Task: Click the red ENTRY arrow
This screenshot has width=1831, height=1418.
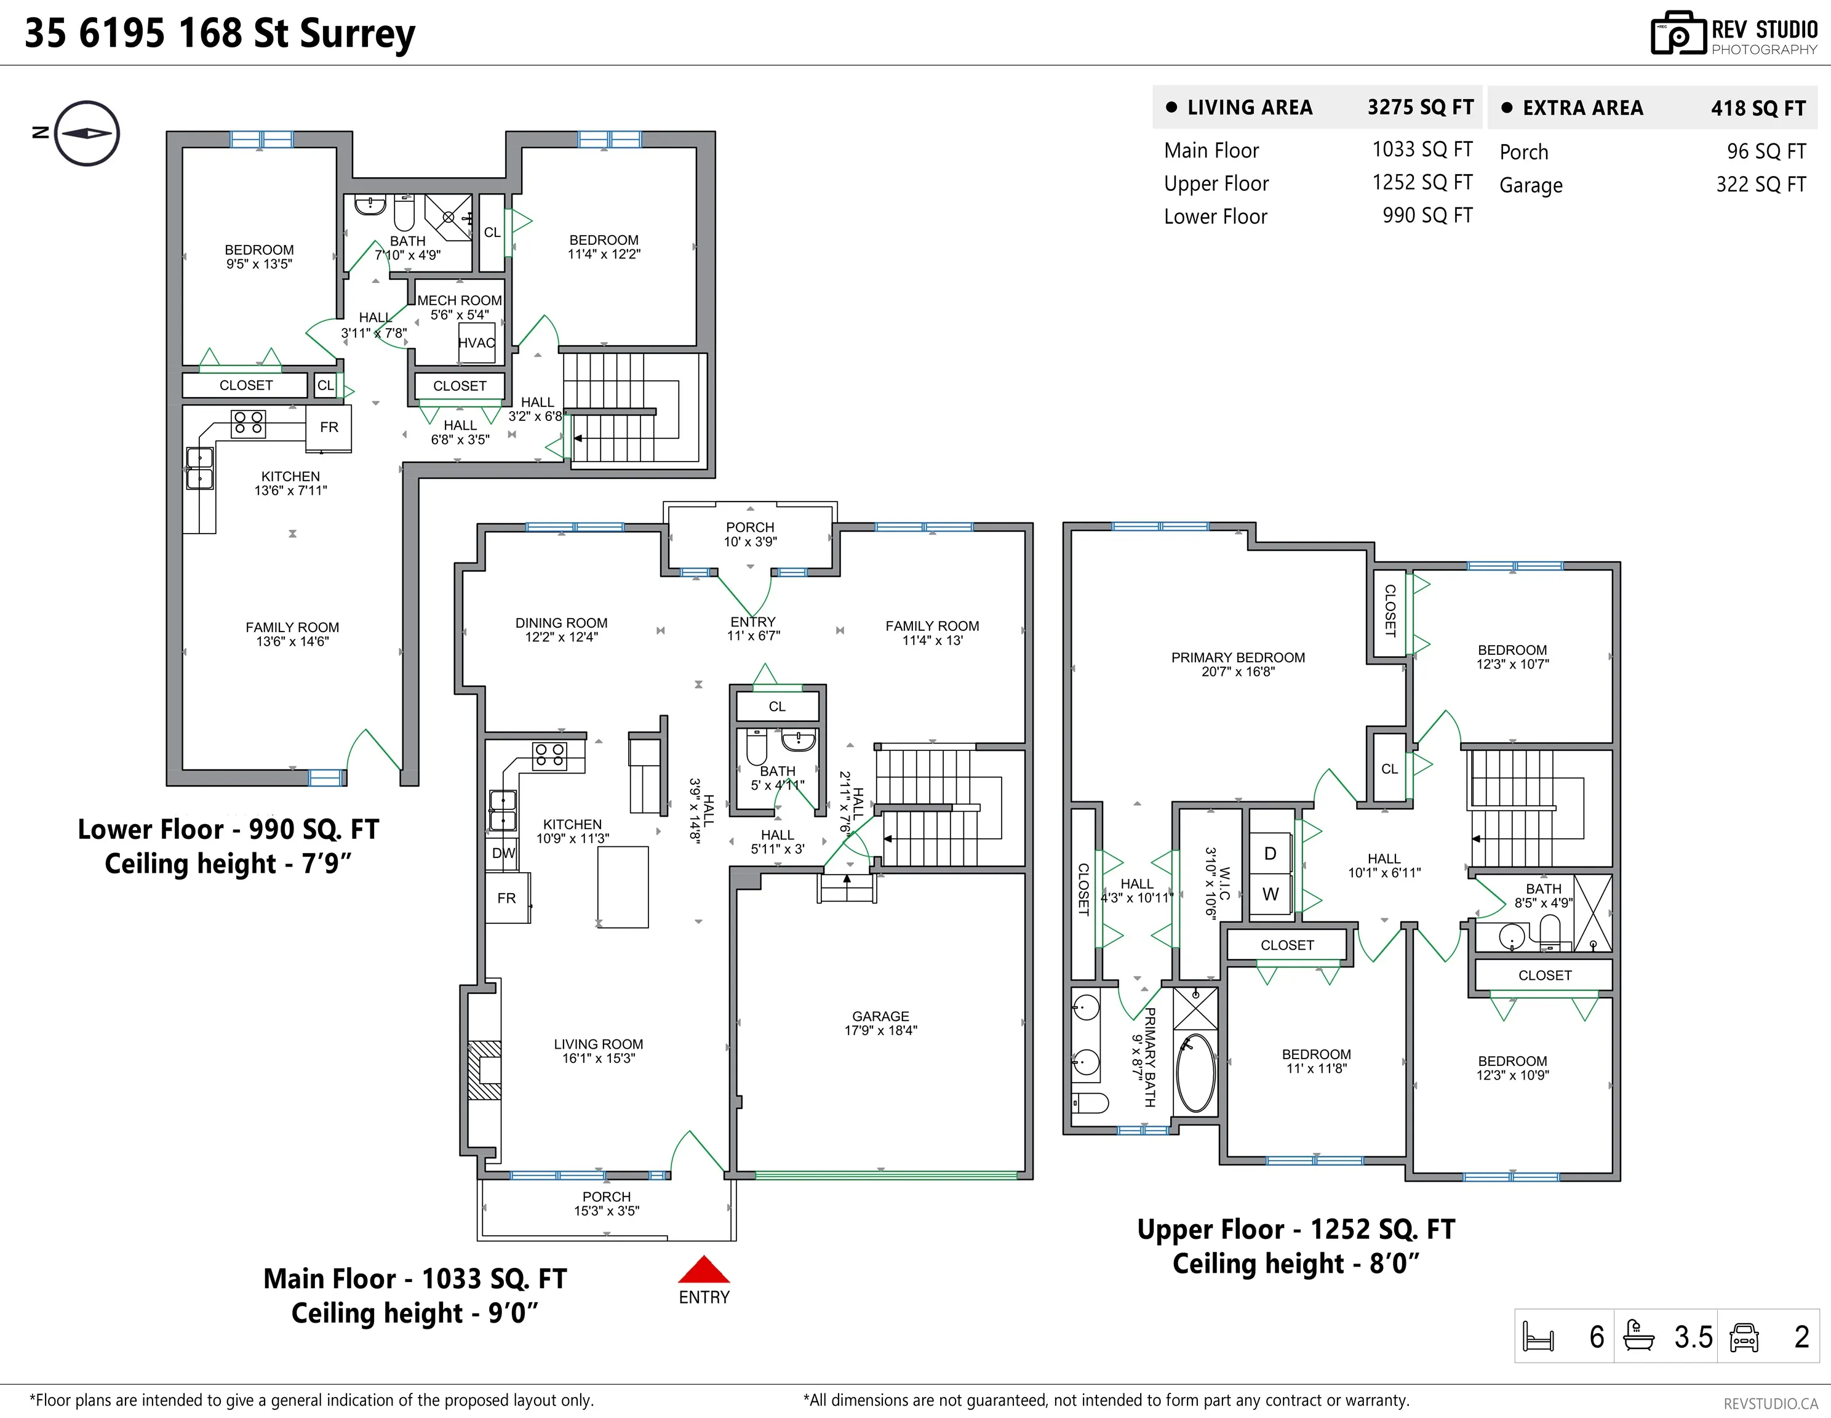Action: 703,1270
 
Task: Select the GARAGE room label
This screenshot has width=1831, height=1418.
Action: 880,1016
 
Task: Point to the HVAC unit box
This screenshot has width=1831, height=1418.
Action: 477,343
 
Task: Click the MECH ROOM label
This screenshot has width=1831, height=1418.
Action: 460,300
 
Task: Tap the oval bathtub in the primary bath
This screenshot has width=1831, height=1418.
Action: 1195,1073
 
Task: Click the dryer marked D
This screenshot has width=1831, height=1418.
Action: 1270,853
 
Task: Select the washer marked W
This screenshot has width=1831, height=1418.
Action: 1270,894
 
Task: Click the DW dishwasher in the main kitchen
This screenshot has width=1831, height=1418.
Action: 503,854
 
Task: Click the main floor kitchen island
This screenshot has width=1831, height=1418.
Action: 623,887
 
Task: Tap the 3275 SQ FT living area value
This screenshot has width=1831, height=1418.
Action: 1420,107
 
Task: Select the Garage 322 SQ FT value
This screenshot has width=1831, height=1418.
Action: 1761,185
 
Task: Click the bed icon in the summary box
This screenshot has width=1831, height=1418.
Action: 1538,1337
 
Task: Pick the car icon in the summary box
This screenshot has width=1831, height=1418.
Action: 1744,1337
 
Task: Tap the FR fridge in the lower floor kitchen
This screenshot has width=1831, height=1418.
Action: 329,428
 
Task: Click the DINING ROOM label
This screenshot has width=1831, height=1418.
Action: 561,623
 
